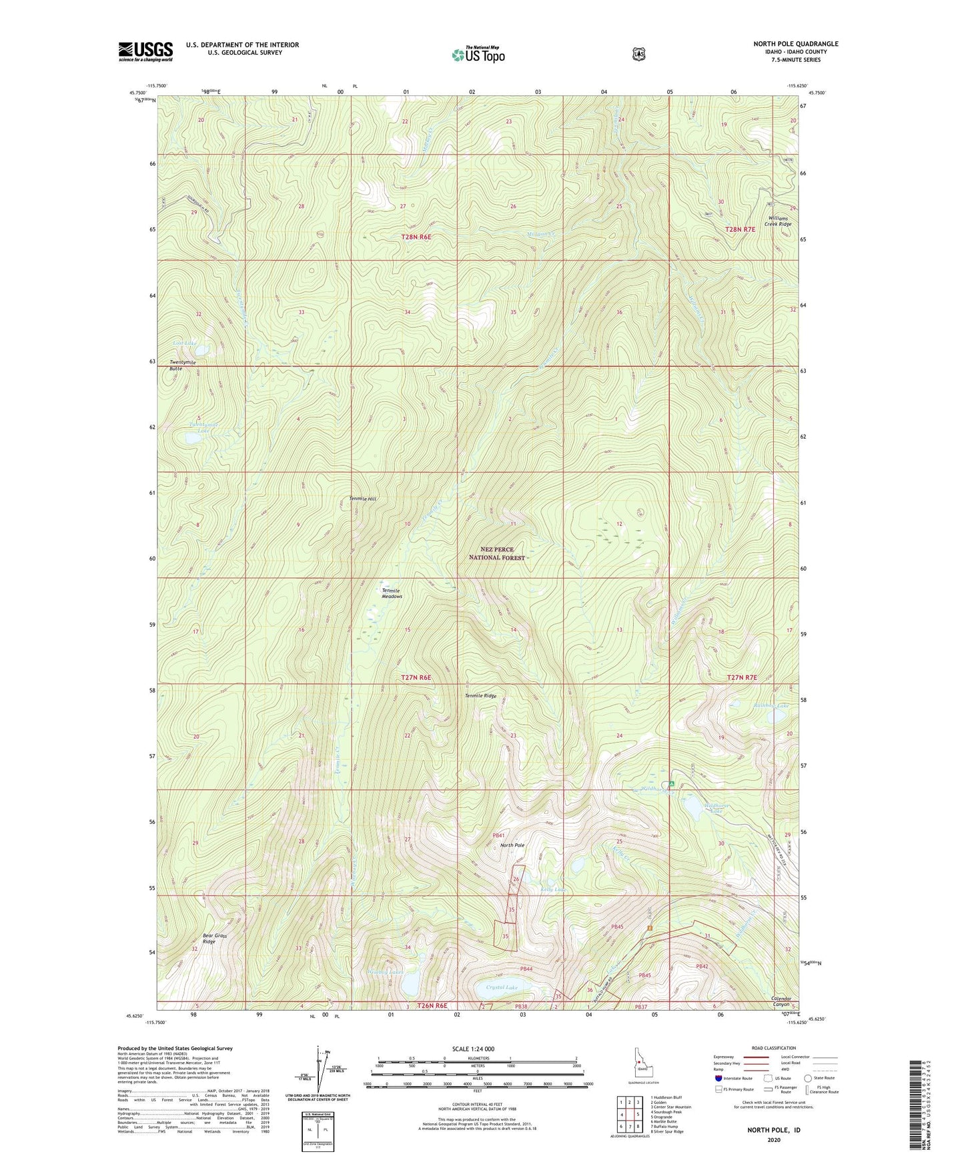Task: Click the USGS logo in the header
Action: [145, 51]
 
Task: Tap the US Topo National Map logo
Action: [478, 55]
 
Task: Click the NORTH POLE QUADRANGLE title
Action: [795, 44]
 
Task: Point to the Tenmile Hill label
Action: [363, 499]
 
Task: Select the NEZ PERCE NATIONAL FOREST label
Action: [496, 553]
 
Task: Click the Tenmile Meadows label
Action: [392, 593]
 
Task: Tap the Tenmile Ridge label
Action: [480, 695]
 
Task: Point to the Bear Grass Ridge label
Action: [215, 939]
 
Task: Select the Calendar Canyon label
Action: [781, 1001]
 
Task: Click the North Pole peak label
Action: [512, 845]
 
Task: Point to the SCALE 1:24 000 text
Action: [473, 1049]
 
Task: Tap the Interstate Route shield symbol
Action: [718, 1078]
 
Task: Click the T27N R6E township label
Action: [416, 677]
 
